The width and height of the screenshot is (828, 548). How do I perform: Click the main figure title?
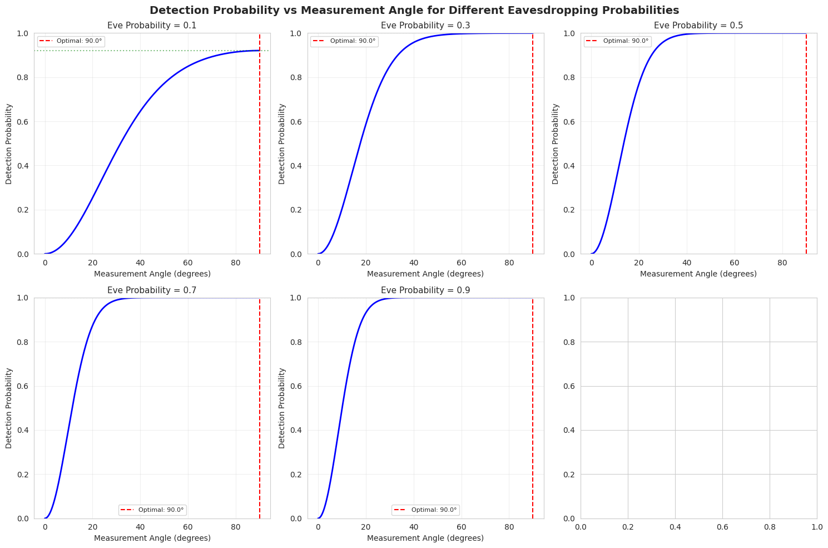[414, 10]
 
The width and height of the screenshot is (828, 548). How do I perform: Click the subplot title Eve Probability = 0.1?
[152, 26]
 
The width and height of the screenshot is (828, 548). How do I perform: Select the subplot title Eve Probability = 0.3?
[425, 26]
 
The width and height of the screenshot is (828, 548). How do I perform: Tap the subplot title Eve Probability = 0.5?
[698, 26]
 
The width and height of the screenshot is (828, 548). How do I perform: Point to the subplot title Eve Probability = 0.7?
[152, 290]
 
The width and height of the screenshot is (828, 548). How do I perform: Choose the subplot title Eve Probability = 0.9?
[425, 290]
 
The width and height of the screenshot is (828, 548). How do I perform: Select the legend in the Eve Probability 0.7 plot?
[152, 510]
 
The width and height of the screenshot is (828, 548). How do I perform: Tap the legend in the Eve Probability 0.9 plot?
[425, 510]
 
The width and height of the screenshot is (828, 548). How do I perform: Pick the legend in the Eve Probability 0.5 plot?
[617, 41]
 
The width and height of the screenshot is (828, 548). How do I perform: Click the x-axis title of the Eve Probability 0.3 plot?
[425, 274]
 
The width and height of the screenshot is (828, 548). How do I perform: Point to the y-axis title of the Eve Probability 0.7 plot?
[9, 408]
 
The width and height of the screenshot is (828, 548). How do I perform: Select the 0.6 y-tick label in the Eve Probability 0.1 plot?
[22, 122]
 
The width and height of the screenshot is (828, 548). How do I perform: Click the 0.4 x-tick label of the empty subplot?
[675, 527]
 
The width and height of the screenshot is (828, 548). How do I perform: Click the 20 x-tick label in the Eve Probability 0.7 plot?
[93, 527]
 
